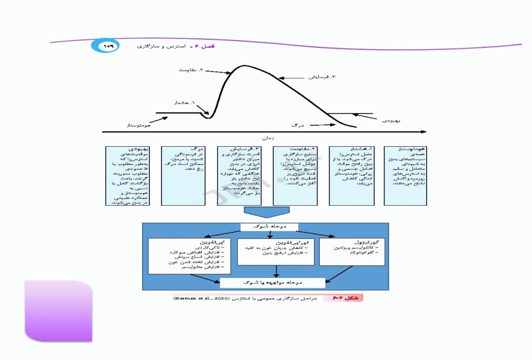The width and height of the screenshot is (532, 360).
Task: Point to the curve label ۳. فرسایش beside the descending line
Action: (322, 76)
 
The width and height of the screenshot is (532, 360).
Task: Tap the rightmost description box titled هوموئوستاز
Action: (405, 176)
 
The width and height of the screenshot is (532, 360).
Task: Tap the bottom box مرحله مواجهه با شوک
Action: (272, 283)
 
